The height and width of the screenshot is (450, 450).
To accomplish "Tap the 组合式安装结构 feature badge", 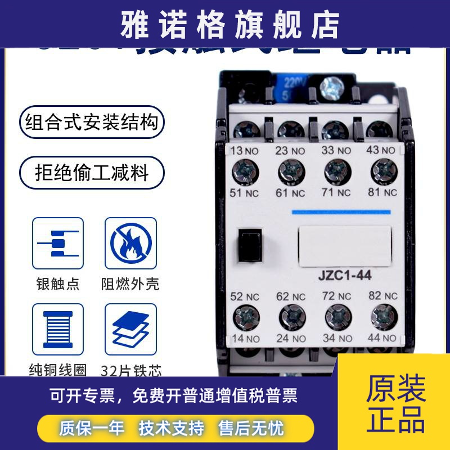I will (x=93, y=123).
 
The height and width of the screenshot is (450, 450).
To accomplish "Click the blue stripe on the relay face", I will (x=341, y=212).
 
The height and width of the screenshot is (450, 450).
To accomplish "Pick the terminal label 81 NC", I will (x=381, y=192).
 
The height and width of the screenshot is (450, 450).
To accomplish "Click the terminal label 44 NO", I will (x=381, y=338).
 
